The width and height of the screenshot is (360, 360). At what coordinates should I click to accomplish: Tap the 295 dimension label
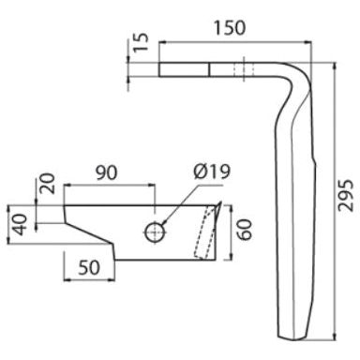pos(345,198)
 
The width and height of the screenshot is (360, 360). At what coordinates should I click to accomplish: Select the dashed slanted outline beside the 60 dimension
pos(201,234)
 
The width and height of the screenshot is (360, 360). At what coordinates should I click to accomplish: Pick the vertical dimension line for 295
pos(333,198)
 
